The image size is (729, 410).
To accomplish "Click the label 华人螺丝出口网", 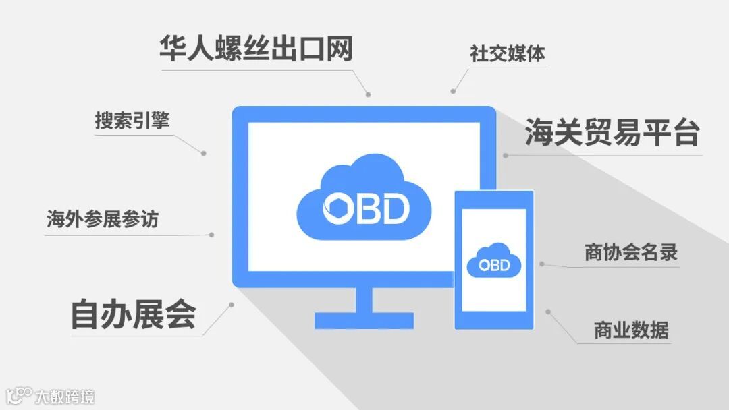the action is [x=256, y=49].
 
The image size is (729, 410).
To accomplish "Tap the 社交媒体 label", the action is [x=508, y=53].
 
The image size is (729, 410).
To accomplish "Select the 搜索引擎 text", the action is [x=132, y=121].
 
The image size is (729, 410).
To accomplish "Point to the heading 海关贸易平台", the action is [x=612, y=133].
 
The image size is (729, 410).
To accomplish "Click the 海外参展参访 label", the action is [x=103, y=219].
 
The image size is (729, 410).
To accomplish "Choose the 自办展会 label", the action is [x=133, y=314].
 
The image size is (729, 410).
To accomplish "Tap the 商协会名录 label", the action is [x=630, y=252].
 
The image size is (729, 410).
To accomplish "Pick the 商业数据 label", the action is [x=631, y=330].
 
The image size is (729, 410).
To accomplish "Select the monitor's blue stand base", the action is [x=364, y=320].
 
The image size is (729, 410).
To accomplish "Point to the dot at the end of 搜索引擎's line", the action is [x=203, y=154].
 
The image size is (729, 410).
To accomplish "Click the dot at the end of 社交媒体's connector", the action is [x=453, y=91].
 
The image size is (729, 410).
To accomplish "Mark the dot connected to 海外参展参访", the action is [x=211, y=235].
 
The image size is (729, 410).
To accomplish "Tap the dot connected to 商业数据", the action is [x=548, y=312].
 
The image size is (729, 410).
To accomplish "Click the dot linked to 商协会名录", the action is [x=542, y=264].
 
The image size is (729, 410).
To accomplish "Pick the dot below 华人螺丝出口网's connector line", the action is [x=369, y=94].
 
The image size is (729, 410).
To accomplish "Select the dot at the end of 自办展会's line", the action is [x=232, y=305].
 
